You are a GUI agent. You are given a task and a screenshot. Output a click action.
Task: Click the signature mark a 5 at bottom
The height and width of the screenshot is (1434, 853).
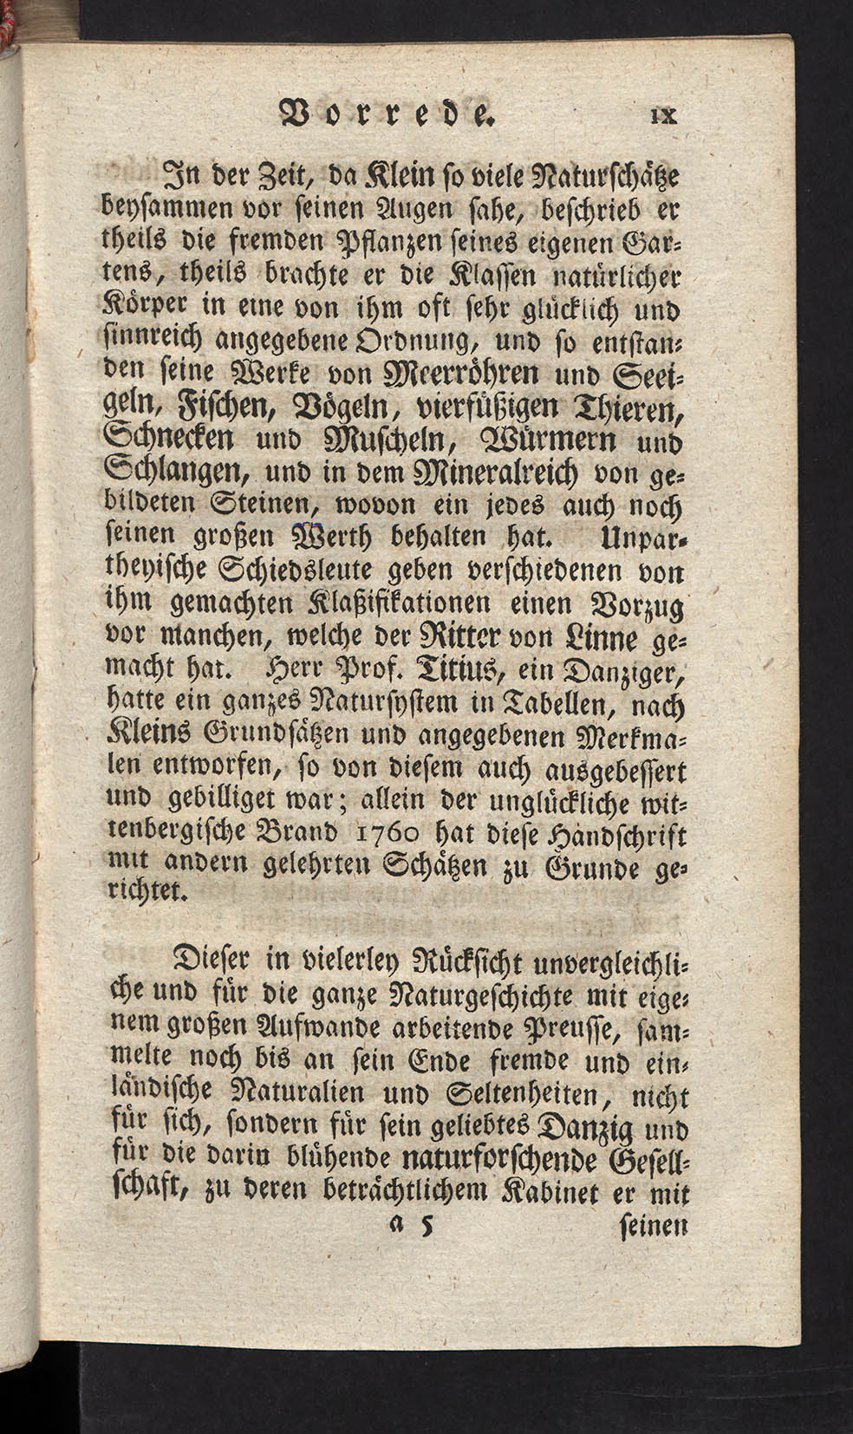[x=413, y=1226]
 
